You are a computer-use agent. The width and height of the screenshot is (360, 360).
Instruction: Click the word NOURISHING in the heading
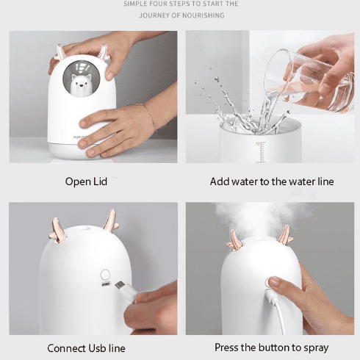pyautogui.click(x=204, y=15)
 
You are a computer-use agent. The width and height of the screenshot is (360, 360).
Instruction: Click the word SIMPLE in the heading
pyautogui.click(x=132, y=4)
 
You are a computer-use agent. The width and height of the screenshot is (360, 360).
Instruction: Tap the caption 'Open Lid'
pyautogui.click(x=86, y=181)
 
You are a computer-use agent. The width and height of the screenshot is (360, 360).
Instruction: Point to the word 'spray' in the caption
pyautogui.click(x=316, y=348)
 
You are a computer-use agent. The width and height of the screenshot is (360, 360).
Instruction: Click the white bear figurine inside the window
pyautogui.click(x=82, y=84)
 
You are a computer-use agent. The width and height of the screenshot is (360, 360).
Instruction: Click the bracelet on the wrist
pyautogui.click(x=149, y=117)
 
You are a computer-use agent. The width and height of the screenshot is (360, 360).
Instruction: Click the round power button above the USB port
pyautogui.click(x=105, y=274)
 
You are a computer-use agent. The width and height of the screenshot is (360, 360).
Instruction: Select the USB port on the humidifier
pyautogui.click(x=106, y=284)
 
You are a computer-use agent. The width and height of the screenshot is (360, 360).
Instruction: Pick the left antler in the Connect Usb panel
pyautogui.click(x=57, y=231)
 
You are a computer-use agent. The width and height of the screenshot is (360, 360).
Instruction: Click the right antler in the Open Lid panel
pyautogui.click(x=104, y=52)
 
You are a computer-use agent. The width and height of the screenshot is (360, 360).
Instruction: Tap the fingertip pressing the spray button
pyautogui.click(x=274, y=281)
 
